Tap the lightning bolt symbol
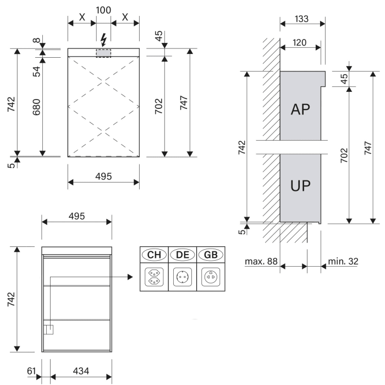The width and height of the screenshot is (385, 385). pyautogui.click(x=103, y=39)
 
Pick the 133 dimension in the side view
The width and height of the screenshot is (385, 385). pyautogui.click(x=302, y=19)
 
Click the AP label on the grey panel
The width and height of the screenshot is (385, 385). pyautogui.click(x=300, y=108)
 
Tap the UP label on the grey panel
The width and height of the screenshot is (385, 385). pyautogui.click(x=300, y=185)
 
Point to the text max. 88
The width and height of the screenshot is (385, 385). pyautogui.click(x=261, y=262)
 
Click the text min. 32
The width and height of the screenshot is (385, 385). pyautogui.click(x=343, y=262)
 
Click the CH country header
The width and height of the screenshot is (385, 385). pyautogui.click(x=153, y=255)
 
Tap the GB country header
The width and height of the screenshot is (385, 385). pyautogui.click(x=210, y=255)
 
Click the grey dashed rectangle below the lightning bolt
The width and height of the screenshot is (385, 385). pyautogui.click(x=103, y=52)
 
